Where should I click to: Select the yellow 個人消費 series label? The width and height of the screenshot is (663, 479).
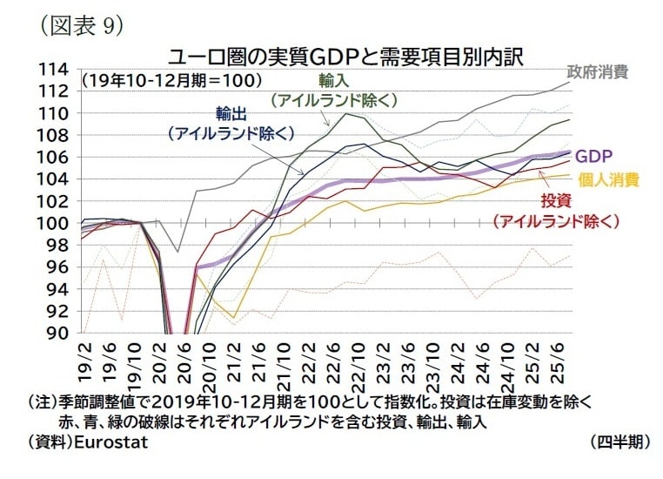coord(608,180)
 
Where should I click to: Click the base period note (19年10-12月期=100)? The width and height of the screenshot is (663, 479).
coord(171,80)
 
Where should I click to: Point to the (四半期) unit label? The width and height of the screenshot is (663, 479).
coord(619,441)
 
